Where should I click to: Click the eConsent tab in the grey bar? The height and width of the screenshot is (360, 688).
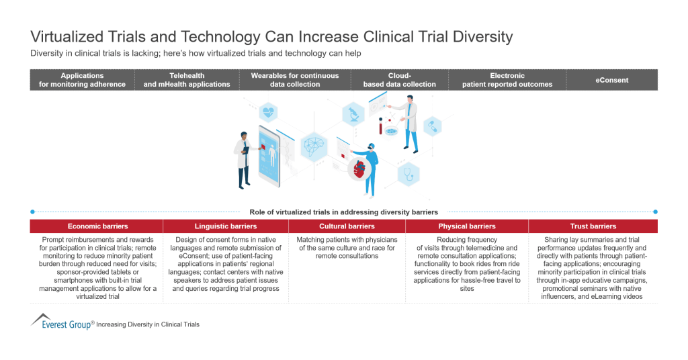pyautogui.click(x=611, y=80)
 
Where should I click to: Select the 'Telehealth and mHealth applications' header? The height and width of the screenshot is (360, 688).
pyautogui.click(x=187, y=80)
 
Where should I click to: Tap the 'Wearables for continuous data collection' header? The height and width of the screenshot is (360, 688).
pyautogui.click(x=295, y=80)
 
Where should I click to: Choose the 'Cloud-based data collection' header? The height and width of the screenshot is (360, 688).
pyautogui.click(x=399, y=80)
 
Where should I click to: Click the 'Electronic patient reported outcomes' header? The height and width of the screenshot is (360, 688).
pyautogui.click(x=507, y=80)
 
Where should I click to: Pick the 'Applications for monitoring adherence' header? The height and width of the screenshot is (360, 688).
pyautogui.click(x=83, y=80)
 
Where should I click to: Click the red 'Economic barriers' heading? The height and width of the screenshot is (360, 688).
pyautogui.click(x=97, y=226)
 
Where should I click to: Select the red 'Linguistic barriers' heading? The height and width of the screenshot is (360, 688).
pyautogui.click(x=226, y=226)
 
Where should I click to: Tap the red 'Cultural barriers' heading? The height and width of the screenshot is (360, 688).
pyautogui.click(x=347, y=226)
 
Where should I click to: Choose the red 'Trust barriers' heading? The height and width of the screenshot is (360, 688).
pyautogui.click(x=593, y=226)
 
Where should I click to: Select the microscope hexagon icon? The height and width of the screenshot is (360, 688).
pyautogui.click(x=352, y=114)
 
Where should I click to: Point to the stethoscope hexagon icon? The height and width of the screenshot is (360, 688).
pyautogui.click(x=407, y=174)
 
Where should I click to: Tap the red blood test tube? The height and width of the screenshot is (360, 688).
pyautogui.click(x=382, y=126)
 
